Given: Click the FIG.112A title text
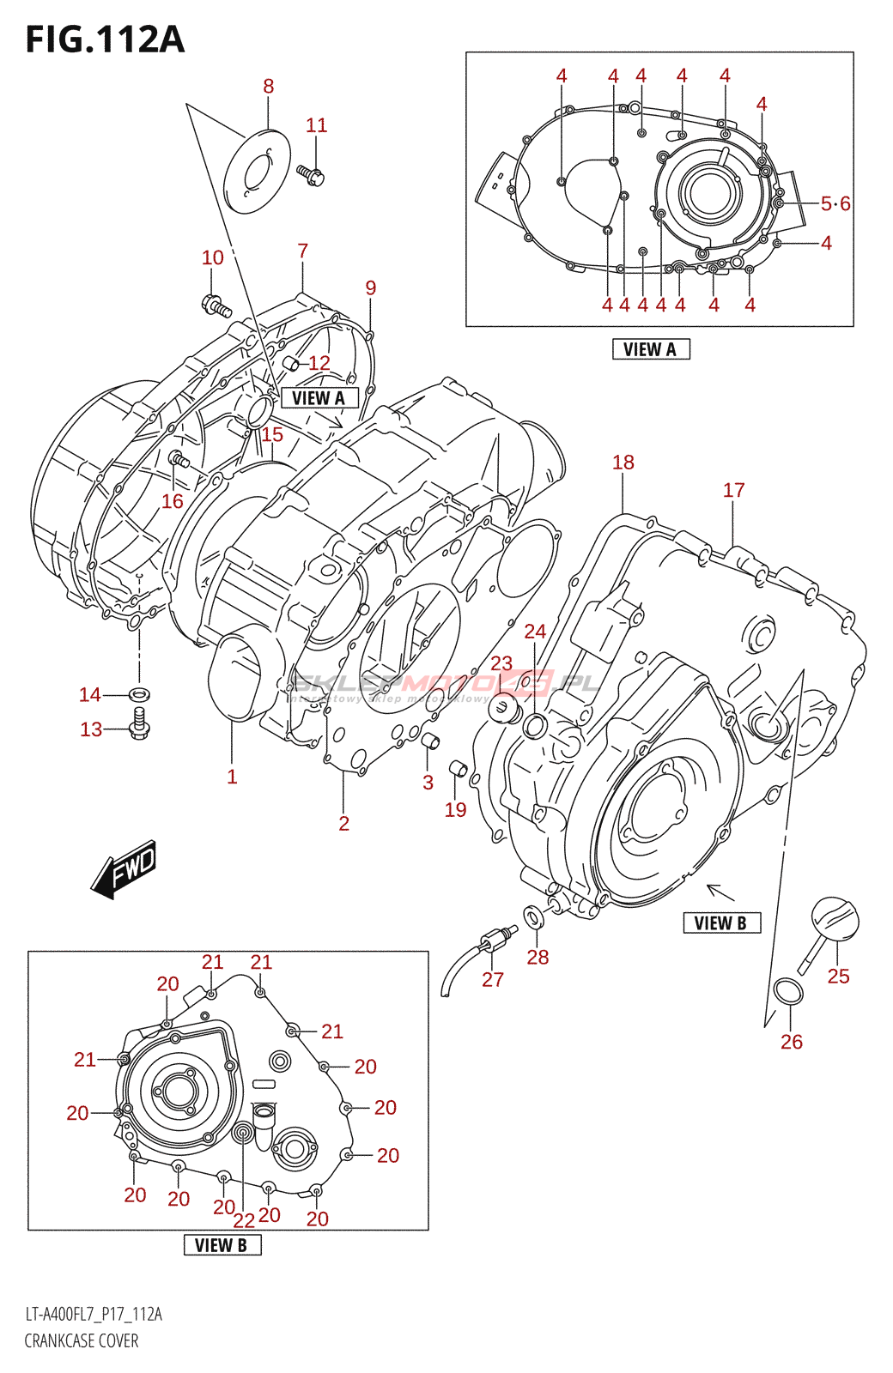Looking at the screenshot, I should point(105,39).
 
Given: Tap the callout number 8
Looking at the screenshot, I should point(269,86).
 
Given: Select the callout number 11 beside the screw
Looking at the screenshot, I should point(317,125).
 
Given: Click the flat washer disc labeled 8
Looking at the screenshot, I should point(257,170).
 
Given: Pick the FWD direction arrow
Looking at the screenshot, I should point(125,868).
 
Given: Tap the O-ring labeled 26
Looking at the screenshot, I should point(789,992).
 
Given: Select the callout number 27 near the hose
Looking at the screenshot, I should point(493,979).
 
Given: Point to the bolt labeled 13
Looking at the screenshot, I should point(139,726).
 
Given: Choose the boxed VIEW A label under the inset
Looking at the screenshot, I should point(650,349).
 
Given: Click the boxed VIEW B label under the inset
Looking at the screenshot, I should point(222,1245).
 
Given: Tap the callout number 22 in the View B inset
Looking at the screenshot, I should point(244,1219).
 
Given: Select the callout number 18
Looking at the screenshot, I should point(623,463).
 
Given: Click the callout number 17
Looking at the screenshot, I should point(733,490).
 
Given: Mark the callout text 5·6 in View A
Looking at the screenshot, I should point(835,203).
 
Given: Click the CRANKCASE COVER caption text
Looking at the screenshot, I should point(82,1340).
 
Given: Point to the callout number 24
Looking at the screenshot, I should point(535,632).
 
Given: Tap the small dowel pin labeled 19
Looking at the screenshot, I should point(459,768).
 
